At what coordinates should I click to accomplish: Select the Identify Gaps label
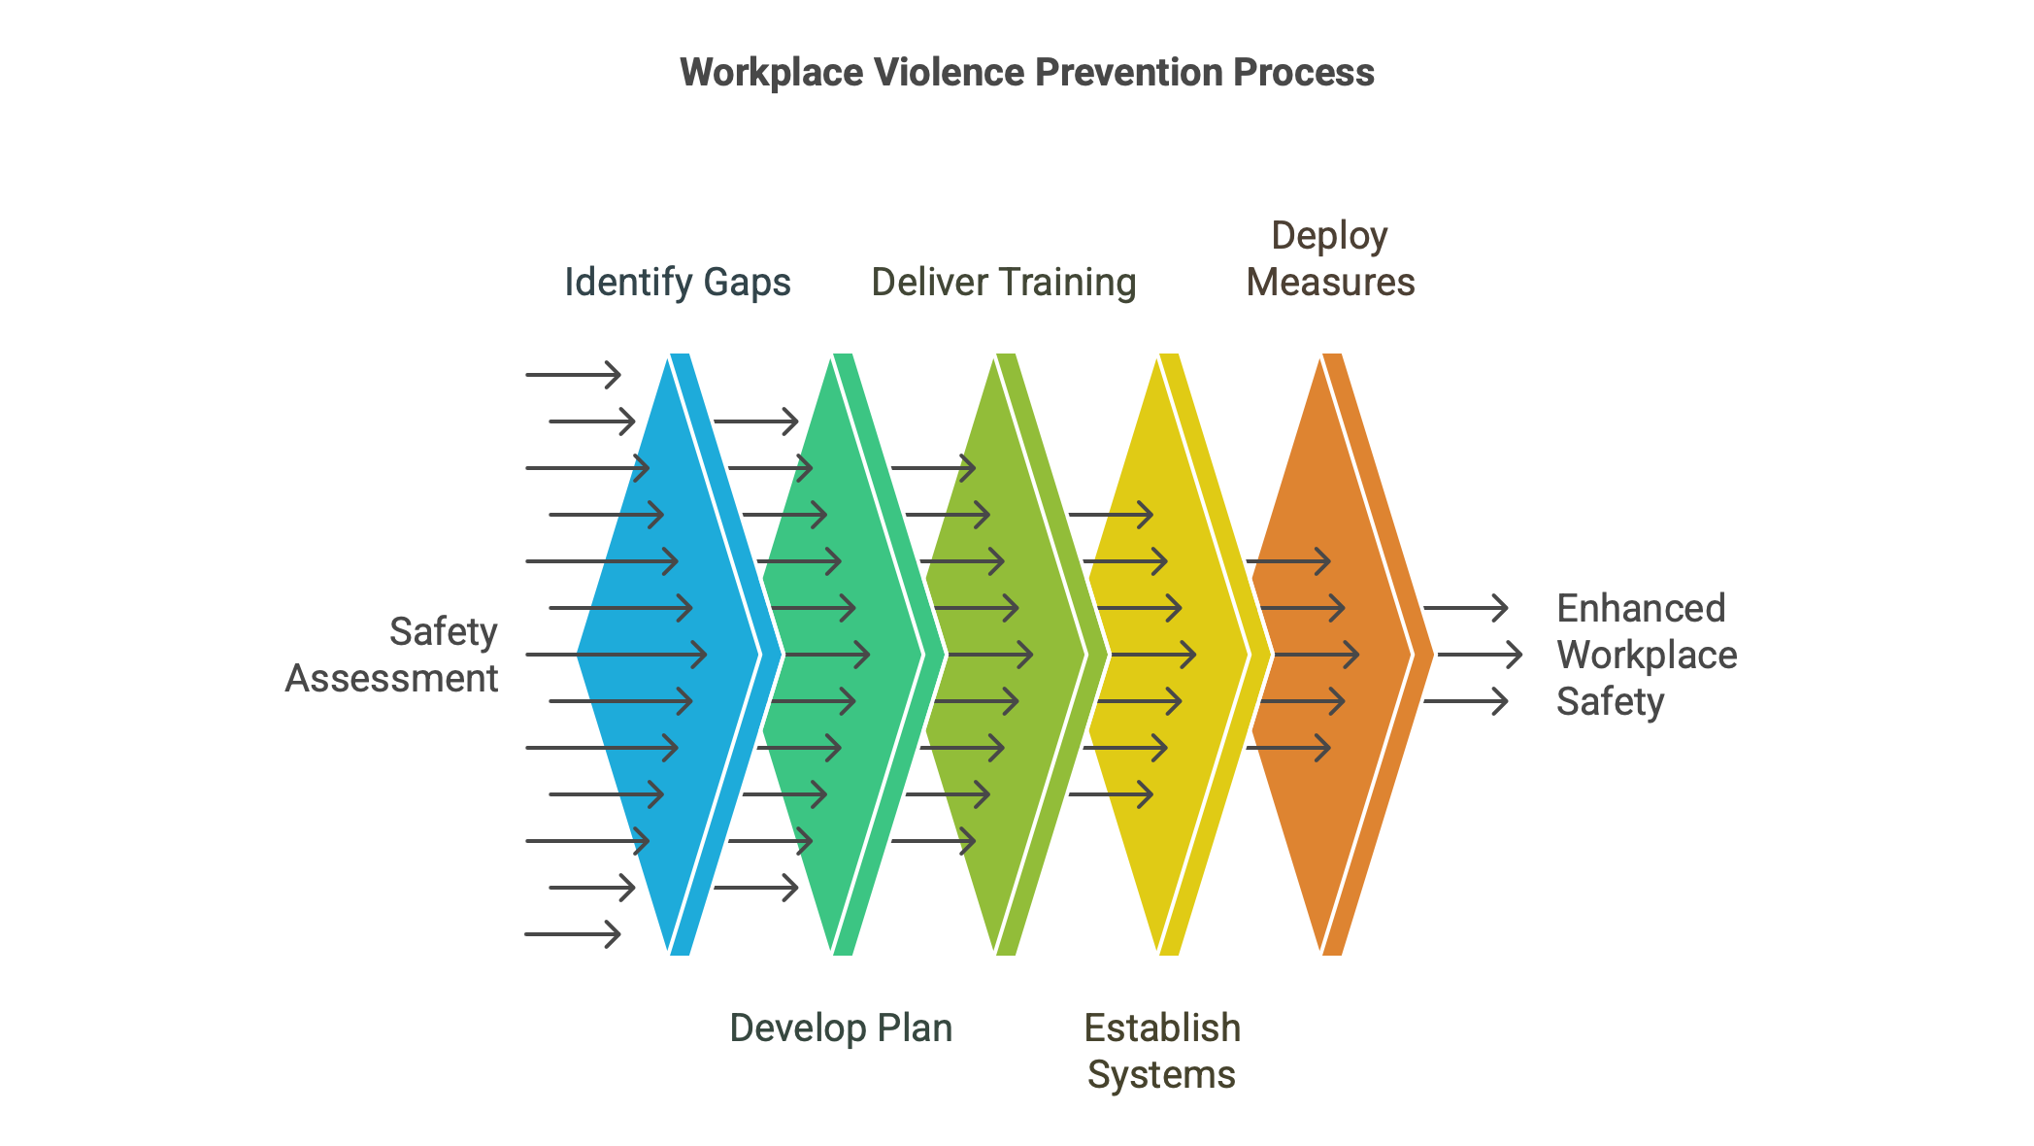[678, 283]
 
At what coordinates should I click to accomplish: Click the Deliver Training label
[1004, 283]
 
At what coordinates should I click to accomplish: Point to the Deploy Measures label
[1330, 259]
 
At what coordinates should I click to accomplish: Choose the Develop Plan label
[841, 1028]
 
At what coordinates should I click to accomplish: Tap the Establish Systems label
[1162, 1051]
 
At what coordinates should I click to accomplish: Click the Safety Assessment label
[391, 655]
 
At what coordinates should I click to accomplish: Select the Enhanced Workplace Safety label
[1647, 655]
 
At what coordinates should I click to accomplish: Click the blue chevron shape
[670, 655]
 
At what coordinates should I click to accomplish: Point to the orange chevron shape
[1331, 655]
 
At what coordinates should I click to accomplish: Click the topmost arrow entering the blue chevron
[573, 375]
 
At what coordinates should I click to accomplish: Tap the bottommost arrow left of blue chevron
[573, 934]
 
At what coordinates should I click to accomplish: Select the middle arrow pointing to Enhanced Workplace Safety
[1480, 655]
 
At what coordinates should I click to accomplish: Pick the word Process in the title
[1304, 73]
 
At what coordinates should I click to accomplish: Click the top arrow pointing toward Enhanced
[1466, 608]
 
